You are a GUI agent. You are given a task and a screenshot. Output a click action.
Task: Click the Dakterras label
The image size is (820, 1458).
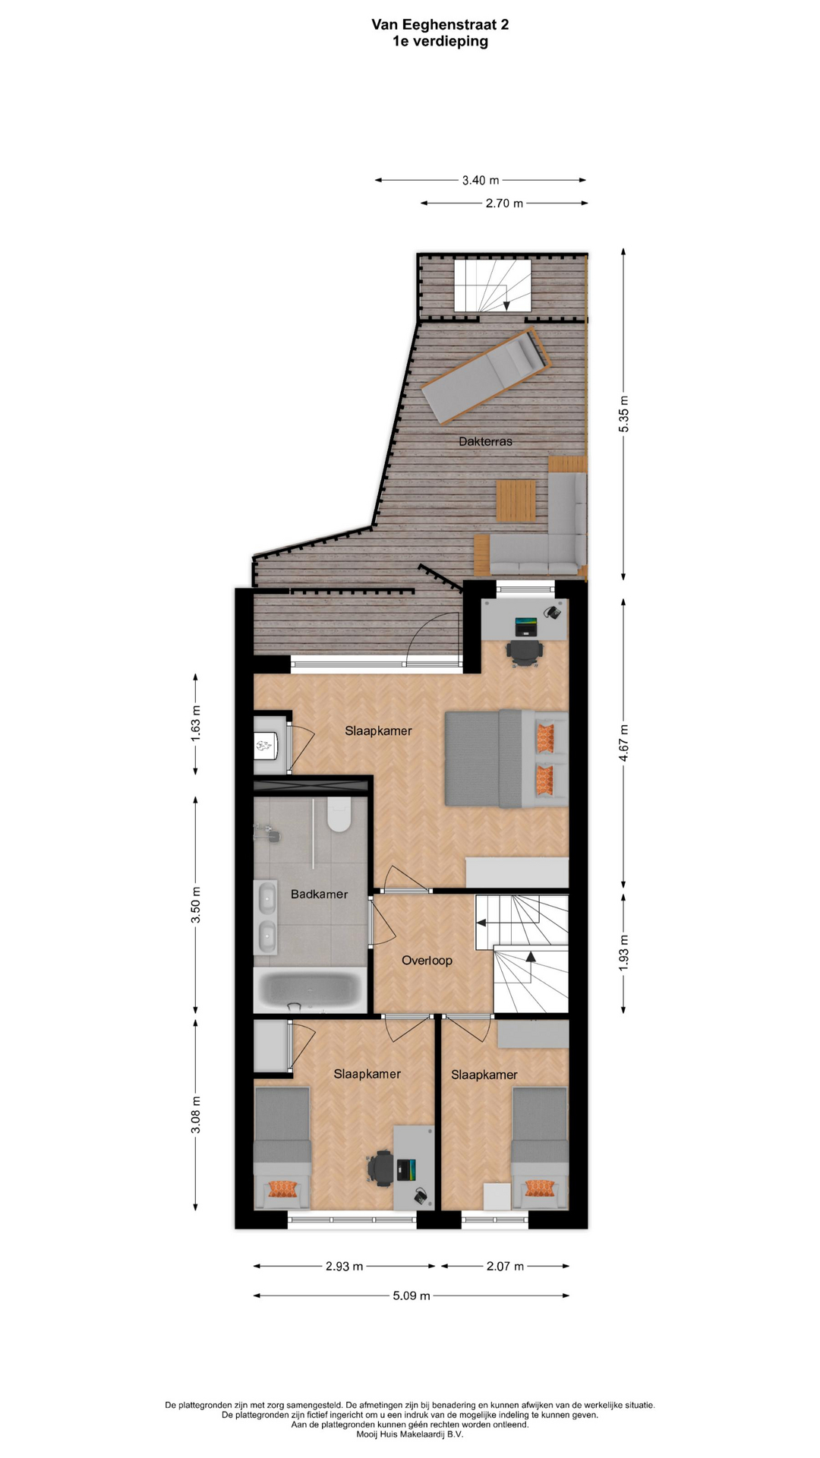[x=485, y=441]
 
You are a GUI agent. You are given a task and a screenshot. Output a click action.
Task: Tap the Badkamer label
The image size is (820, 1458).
[x=319, y=894]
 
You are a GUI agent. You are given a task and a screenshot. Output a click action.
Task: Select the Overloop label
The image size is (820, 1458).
[x=427, y=961]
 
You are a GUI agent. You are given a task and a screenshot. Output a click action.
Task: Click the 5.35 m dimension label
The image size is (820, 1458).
[x=623, y=415]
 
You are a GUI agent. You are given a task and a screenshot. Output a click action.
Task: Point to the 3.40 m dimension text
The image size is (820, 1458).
[x=481, y=180]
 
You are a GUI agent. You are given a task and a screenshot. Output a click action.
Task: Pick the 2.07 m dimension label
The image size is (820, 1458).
[x=505, y=1266]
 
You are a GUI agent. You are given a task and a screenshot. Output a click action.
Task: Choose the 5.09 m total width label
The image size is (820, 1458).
[x=412, y=1295]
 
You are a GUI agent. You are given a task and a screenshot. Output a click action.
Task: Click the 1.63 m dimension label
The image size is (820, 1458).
[x=196, y=724]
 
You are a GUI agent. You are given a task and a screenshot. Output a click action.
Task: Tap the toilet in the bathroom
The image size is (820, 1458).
[x=338, y=814]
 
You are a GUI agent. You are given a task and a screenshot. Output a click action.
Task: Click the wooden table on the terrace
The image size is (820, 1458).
[x=516, y=500]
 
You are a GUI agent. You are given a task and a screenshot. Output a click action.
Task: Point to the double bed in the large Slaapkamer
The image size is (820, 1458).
[x=506, y=758]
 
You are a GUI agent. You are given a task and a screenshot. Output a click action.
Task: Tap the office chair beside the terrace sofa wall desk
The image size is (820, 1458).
[x=525, y=652]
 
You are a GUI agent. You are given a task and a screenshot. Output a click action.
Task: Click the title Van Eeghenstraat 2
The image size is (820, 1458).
[x=440, y=24]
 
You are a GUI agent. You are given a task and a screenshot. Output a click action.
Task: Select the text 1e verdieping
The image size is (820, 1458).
[x=440, y=41]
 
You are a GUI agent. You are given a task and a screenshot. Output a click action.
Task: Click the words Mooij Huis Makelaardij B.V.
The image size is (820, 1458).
[x=410, y=1434]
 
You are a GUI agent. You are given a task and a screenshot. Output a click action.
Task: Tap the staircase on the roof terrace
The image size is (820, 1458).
[x=493, y=285]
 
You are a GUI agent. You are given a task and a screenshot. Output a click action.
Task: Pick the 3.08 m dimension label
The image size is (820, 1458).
[x=196, y=1115]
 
